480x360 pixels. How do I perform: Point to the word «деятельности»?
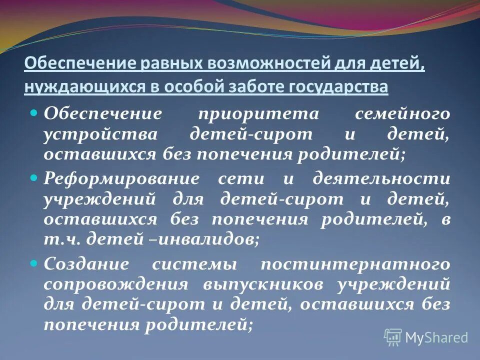pos(381,179)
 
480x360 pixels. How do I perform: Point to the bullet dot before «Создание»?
pos(34,261)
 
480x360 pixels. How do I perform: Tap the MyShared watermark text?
pos(436,337)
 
